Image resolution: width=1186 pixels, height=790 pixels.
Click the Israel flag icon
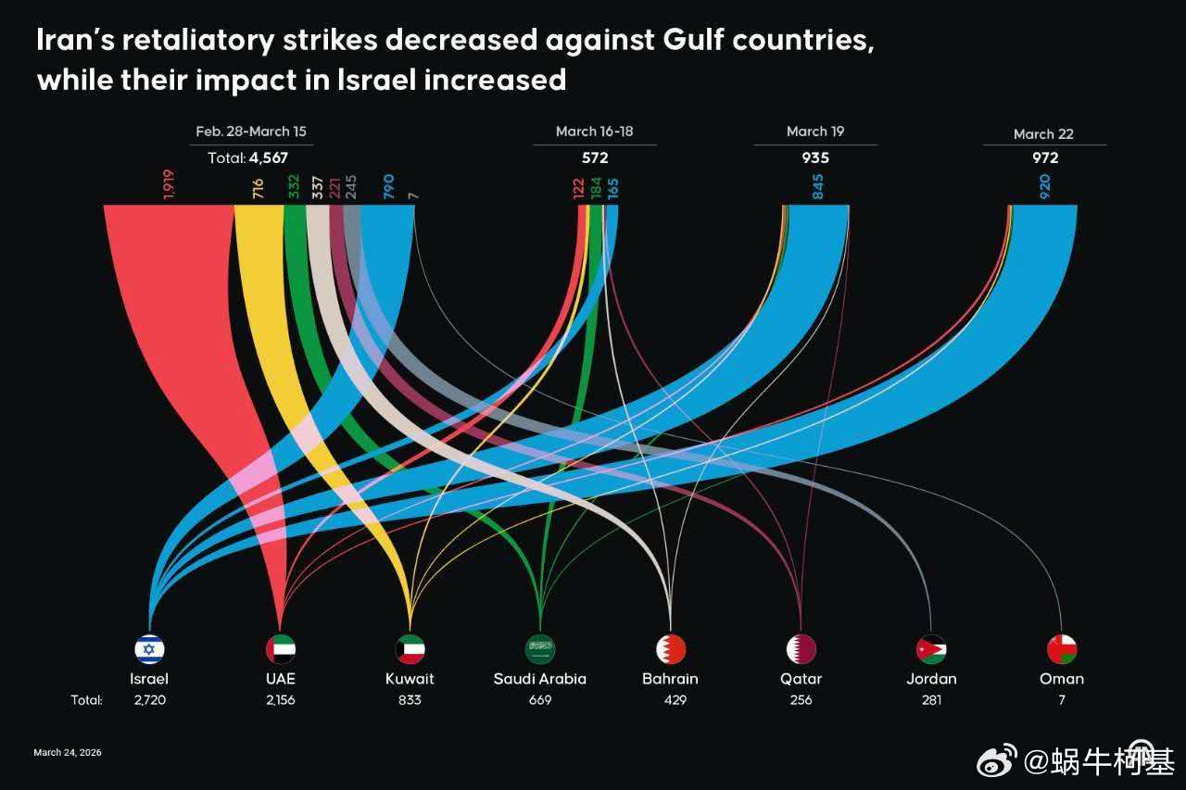[x=149, y=648]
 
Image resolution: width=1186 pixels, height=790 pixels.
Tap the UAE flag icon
[x=281, y=648]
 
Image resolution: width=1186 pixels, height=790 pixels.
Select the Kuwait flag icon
[x=410, y=648]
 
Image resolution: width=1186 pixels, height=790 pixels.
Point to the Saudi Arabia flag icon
[x=540, y=648]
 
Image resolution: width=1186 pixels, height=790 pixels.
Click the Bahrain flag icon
[x=670, y=648]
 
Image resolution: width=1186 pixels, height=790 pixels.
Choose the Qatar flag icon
[x=801, y=648]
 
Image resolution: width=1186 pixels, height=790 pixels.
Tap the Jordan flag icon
[x=931, y=648]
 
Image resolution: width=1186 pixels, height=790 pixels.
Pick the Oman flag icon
[x=1062, y=648]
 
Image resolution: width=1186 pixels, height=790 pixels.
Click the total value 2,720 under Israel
[x=149, y=700]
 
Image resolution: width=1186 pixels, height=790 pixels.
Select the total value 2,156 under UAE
[x=281, y=700]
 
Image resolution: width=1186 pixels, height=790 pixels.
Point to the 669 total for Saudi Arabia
[x=540, y=700]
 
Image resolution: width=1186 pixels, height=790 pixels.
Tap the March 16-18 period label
[x=595, y=132]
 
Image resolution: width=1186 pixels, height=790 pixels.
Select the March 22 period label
[x=1043, y=133]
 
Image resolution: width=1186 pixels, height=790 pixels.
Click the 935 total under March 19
[x=815, y=157]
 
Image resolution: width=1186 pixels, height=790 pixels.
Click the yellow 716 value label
[x=259, y=189]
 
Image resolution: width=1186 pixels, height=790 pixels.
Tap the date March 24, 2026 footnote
[x=68, y=752]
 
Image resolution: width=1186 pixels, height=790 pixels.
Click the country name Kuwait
[x=410, y=678]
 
